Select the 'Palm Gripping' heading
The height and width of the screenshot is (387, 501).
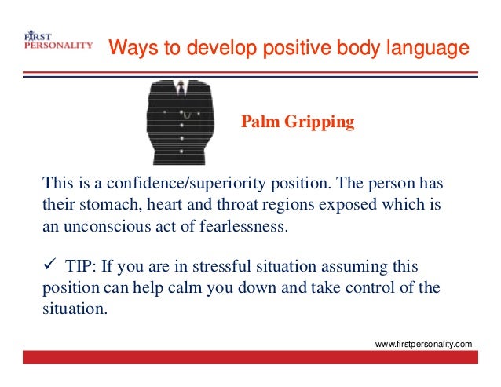297,122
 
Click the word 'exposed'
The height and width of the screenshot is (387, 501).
342,206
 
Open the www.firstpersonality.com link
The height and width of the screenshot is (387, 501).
425,344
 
